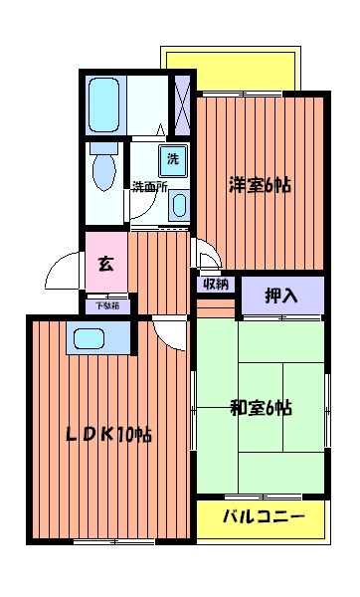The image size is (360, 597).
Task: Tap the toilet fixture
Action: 103,170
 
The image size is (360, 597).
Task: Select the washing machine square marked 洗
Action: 173,158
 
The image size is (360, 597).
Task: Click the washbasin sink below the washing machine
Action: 178,206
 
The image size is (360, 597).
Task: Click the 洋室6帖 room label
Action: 261,184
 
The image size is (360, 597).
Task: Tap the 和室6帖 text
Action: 262,407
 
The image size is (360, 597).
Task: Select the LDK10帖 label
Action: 108,435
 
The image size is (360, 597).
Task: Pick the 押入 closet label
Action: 280,295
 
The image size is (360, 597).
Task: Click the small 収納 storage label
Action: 216,285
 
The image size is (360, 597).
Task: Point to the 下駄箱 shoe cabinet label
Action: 105,306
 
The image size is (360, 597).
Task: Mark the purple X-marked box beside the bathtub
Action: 182,102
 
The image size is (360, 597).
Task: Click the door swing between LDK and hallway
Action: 171,335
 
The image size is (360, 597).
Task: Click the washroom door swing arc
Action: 149,208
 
